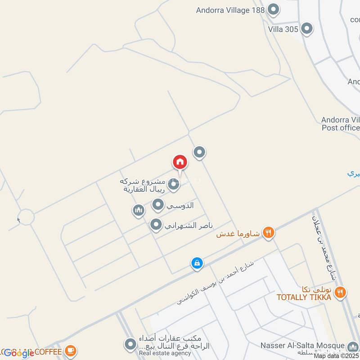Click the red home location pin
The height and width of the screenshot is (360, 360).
pyautogui.click(x=180, y=162)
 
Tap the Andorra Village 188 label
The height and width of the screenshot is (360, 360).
pyautogui.click(x=230, y=9)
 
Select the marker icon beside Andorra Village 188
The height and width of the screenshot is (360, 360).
pyautogui.click(x=273, y=9)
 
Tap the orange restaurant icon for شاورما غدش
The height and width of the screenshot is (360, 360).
pyautogui.click(x=269, y=233)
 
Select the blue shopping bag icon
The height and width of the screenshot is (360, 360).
pyautogui.click(x=197, y=263)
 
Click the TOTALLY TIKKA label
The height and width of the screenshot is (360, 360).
pyautogui.click(x=304, y=297)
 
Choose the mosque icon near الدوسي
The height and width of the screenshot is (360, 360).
pyautogui.click(x=138, y=210)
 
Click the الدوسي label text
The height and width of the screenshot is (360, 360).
pyautogui.click(x=180, y=206)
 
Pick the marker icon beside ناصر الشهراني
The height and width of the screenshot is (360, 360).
pyautogui.click(x=156, y=225)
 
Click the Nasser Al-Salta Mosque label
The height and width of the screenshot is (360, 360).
pyautogui.click(x=302, y=345)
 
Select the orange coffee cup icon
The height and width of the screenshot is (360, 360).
pyautogui.click(x=70, y=350)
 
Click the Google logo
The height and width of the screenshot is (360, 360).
pyautogui.click(x=18, y=353)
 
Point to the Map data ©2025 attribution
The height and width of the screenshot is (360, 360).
pyautogui.click(x=336, y=356)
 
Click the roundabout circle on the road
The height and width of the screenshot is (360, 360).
pyautogui.click(x=26, y=217)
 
